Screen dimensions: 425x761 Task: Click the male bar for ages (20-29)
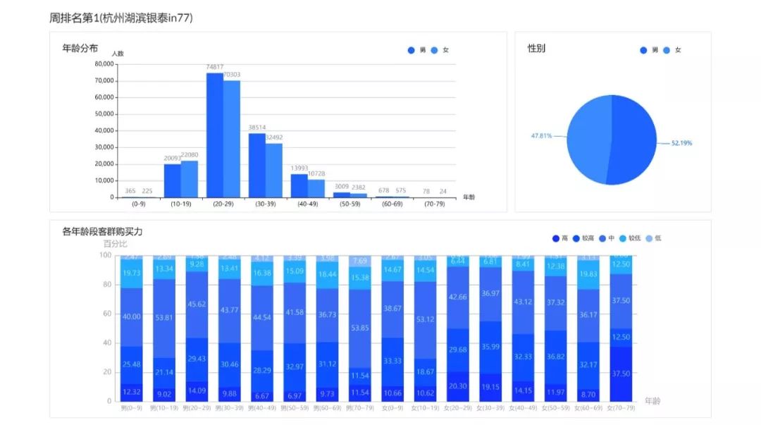click(215, 134)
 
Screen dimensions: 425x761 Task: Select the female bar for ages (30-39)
click(274, 169)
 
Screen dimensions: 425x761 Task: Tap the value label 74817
click(215, 68)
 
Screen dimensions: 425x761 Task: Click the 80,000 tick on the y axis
click(104, 64)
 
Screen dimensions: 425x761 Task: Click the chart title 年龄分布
click(80, 48)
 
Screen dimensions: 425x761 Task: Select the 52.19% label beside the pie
click(681, 143)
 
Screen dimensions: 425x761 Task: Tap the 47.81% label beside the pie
click(542, 135)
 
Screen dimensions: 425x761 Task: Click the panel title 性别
click(536, 49)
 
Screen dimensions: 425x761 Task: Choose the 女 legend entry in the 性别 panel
click(673, 50)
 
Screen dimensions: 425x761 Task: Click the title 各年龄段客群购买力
click(103, 231)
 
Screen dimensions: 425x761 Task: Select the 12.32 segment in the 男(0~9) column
click(132, 392)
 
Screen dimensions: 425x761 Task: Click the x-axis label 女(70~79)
click(621, 407)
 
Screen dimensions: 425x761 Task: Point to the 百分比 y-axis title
click(115, 244)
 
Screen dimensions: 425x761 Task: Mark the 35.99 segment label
click(490, 347)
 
